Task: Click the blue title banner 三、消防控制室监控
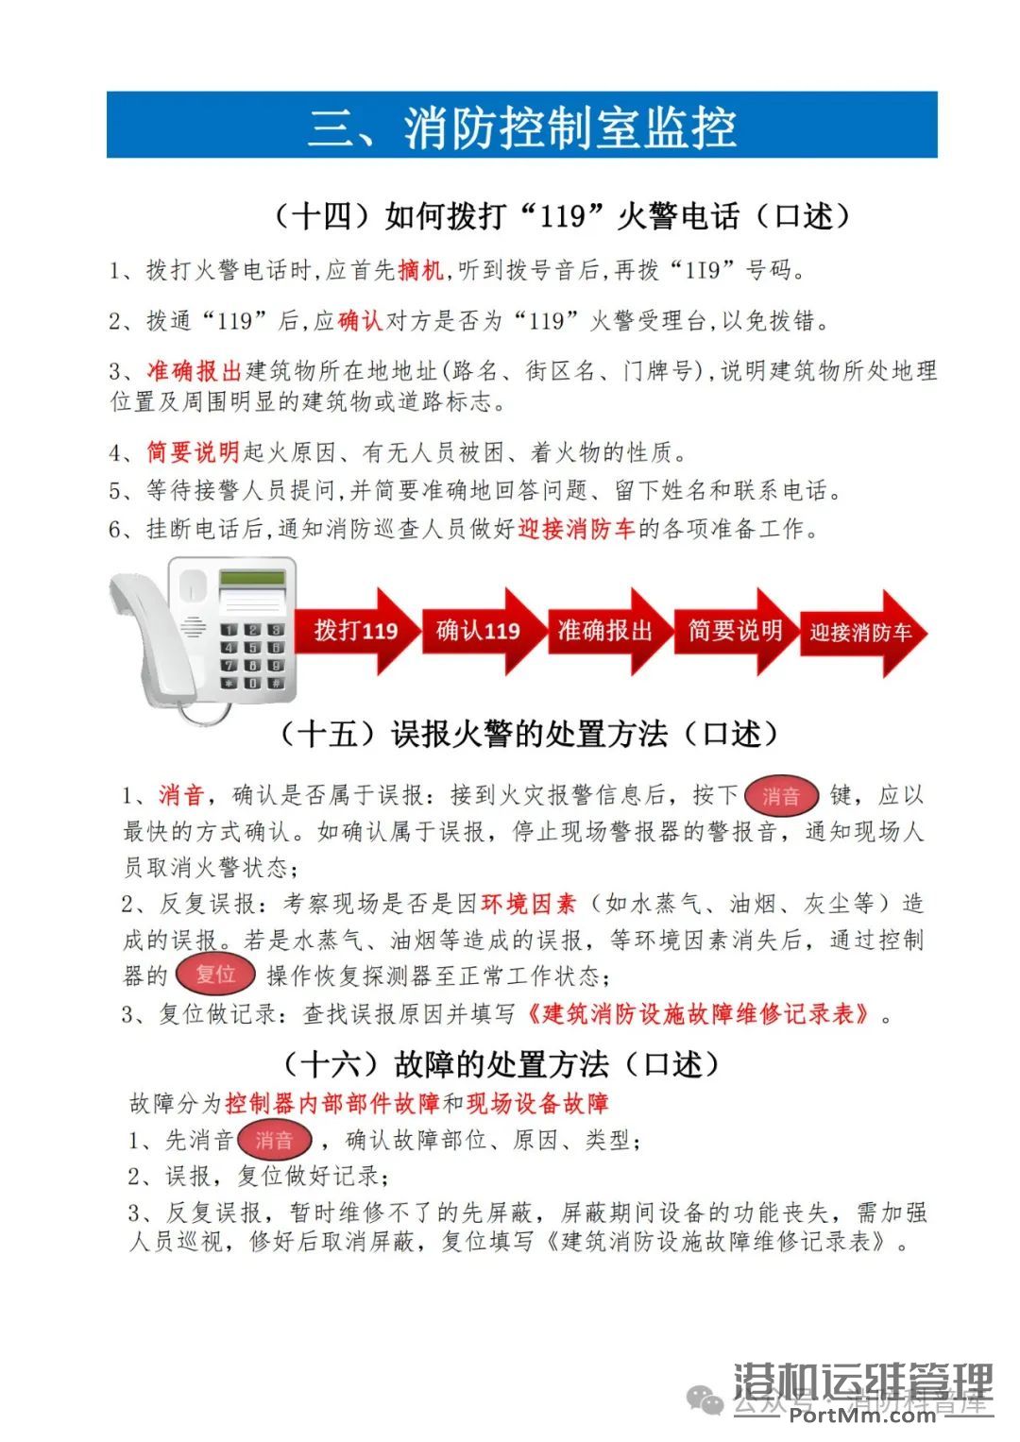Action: tap(521, 125)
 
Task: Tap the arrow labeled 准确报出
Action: tap(605, 631)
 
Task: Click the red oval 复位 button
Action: tap(215, 975)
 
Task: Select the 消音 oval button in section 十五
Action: tap(780, 796)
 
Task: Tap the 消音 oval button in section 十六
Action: tap(274, 1141)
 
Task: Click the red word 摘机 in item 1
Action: tap(420, 271)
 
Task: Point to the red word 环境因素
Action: tap(528, 904)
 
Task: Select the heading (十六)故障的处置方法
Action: tap(502, 1064)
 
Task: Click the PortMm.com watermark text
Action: tap(862, 1414)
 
